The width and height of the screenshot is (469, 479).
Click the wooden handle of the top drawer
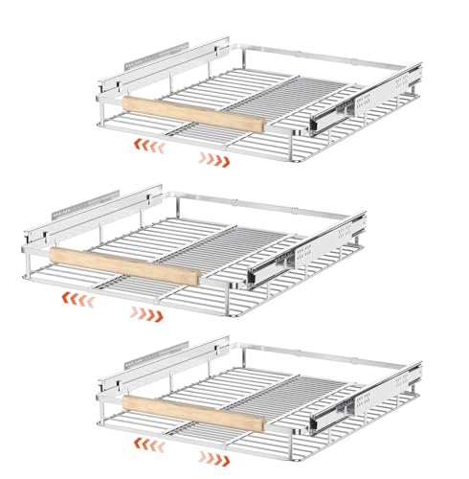click(191, 114)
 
